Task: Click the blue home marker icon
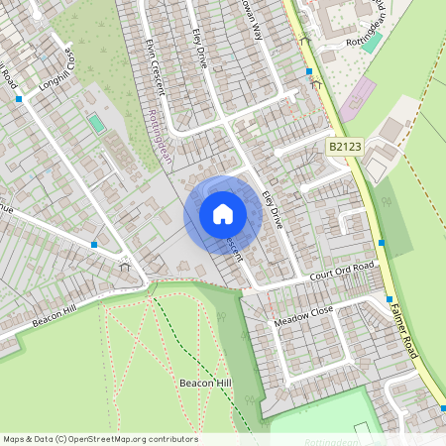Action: click(223, 214)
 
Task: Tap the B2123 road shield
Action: click(344, 147)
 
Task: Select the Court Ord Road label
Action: click(342, 270)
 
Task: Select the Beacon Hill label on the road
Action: click(54, 314)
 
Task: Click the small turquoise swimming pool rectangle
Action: click(96, 124)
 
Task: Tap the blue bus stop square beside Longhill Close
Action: click(19, 100)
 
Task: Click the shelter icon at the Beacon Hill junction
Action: click(125, 265)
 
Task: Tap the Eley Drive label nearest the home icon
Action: click(272, 209)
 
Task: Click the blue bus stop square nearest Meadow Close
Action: click(389, 298)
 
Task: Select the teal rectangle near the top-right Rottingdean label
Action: click(372, 42)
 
